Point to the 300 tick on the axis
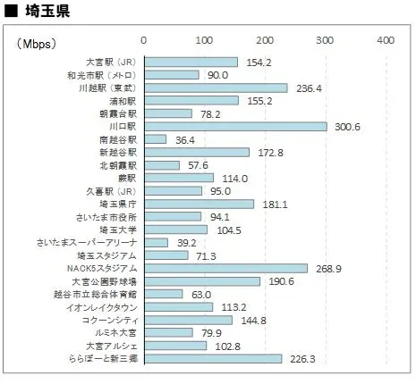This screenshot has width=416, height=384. [325, 41]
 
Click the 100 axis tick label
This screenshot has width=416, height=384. [204, 41]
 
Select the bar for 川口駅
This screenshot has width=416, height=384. [235, 127]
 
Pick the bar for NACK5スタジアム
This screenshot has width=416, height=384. [225, 268]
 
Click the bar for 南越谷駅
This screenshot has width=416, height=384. [155, 139]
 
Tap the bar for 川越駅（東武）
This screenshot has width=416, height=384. [216, 88]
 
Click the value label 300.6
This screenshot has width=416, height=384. [344, 127]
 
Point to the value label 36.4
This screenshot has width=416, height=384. [185, 140]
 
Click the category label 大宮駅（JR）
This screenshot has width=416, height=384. [105, 62]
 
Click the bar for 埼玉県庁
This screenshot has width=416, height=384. [199, 204]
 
